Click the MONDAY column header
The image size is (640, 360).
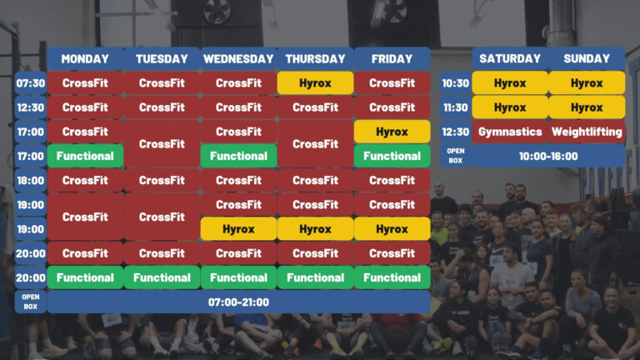click(x=85, y=59)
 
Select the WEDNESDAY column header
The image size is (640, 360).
click(x=238, y=59)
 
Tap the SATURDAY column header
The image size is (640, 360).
click(x=510, y=58)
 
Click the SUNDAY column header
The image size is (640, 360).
click(x=587, y=58)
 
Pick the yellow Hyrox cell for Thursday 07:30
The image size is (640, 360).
click(x=315, y=82)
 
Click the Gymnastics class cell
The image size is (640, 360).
click(x=510, y=132)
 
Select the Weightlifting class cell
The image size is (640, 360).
click(x=587, y=132)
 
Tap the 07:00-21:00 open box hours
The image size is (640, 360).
click(x=239, y=302)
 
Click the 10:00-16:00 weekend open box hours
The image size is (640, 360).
click(x=548, y=156)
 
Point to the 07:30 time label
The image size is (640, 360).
click(x=31, y=82)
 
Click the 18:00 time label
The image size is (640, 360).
click(x=31, y=180)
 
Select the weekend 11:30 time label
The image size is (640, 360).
click(x=456, y=107)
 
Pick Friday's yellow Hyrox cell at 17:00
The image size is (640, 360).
click(x=392, y=132)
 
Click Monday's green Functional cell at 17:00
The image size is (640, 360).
click(x=85, y=156)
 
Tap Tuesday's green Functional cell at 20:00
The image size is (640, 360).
click(x=162, y=277)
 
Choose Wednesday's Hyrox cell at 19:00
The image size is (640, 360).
click(x=238, y=229)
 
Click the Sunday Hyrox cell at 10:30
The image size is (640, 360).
click(x=587, y=82)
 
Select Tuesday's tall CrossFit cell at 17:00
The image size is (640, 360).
click(x=162, y=143)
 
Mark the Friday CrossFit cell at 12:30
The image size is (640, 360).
click(x=392, y=107)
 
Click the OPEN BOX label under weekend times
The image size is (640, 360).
click(x=456, y=156)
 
